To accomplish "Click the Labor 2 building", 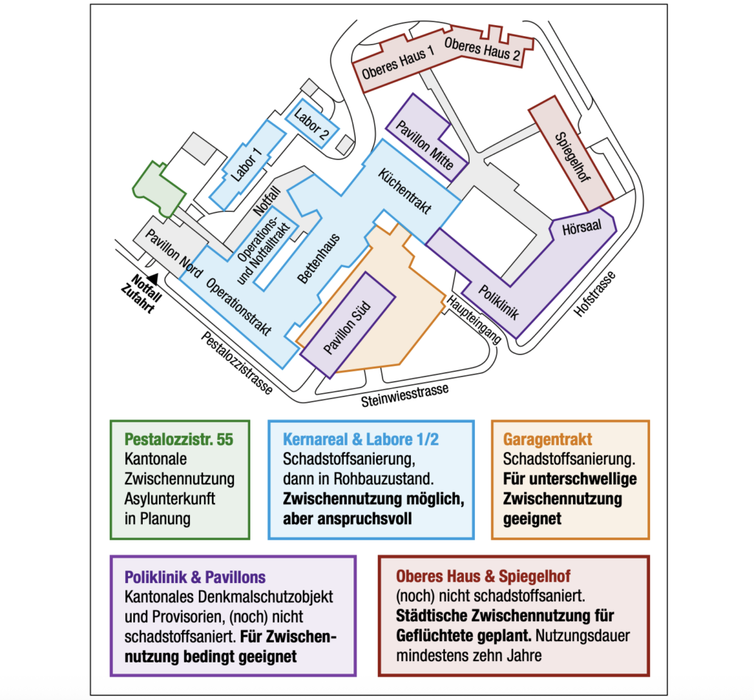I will [311, 122].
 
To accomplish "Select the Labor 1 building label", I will [246, 165].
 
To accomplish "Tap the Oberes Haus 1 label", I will [398, 65].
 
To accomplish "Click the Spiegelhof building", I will [572, 157].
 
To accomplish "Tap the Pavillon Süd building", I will [348, 327].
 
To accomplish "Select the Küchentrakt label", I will [404, 191].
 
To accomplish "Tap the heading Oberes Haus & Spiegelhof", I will [484, 575].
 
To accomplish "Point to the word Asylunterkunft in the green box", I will [170, 499].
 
